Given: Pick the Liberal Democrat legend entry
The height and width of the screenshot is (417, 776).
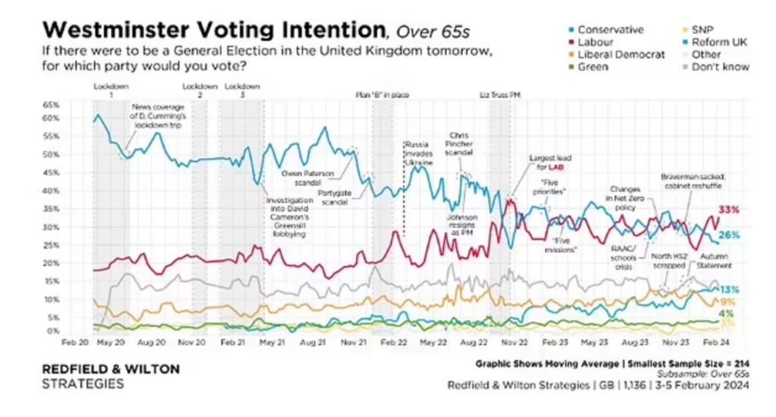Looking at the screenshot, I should pyautogui.click(x=621, y=55).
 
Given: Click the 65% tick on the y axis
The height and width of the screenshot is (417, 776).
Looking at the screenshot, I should pyautogui.click(x=50, y=103).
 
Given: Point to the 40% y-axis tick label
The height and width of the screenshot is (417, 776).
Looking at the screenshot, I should pyautogui.click(x=50, y=190).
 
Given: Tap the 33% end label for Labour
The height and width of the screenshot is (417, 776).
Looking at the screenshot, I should pyautogui.click(x=729, y=209).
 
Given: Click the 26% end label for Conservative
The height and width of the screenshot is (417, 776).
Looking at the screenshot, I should pyautogui.click(x=729, y=235).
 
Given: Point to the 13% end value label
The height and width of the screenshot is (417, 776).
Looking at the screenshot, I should pyautogui.click(x=729, y=290).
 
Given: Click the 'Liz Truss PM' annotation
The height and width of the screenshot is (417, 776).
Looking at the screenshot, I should pyautogui.click(x=501, y=95).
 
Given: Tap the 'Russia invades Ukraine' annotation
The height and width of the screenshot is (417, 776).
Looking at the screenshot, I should pyautogui.click(x=418, y=152).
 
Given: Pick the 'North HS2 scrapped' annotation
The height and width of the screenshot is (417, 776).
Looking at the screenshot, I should pyautogui.click(x=670, y=261).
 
